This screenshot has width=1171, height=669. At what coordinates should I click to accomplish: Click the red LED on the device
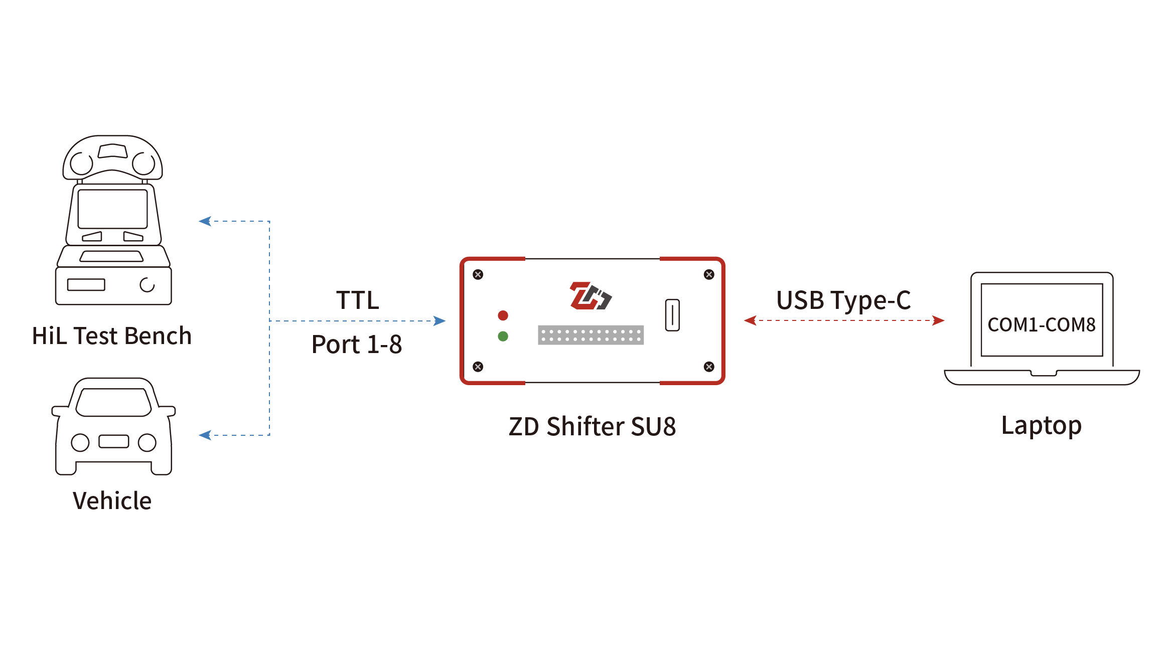pos(503,315)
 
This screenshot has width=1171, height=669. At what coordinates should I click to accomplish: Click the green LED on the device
pos(503,337)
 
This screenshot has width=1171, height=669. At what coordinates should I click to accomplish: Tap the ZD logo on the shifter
pos(591,296)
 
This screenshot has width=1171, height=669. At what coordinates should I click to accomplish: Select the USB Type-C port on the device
pos(672,315)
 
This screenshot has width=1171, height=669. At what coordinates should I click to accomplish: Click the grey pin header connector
pos(591,335)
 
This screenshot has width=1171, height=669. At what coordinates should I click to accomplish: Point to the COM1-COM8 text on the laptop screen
pos(1042,325)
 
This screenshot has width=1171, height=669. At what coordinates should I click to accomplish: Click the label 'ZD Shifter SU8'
pos(592,427)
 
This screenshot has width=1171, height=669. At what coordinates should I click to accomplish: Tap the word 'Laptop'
pos(1042,426)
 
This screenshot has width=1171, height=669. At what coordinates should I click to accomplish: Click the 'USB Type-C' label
pos(843,301)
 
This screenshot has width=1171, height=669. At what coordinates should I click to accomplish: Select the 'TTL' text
pos(358,300)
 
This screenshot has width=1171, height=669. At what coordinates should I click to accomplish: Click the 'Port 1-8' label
pos(357,345)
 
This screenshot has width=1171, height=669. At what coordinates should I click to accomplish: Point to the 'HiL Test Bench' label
pos(112,336)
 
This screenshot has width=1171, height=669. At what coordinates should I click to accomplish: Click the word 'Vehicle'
pos(112,500)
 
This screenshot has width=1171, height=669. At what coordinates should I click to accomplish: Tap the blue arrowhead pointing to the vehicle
pos(205,435)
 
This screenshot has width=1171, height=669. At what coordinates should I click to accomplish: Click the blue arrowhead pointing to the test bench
pos(205,221)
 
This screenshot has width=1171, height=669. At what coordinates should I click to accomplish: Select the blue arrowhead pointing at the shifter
pos(440,321)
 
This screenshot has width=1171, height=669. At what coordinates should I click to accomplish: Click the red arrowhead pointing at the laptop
pos(939,320)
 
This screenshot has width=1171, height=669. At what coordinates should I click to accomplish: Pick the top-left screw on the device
pos(478,274)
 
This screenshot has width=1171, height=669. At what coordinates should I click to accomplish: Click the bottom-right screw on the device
pos(709,367)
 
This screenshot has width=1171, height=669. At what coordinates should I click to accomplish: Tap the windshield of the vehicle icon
pos(113,402)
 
